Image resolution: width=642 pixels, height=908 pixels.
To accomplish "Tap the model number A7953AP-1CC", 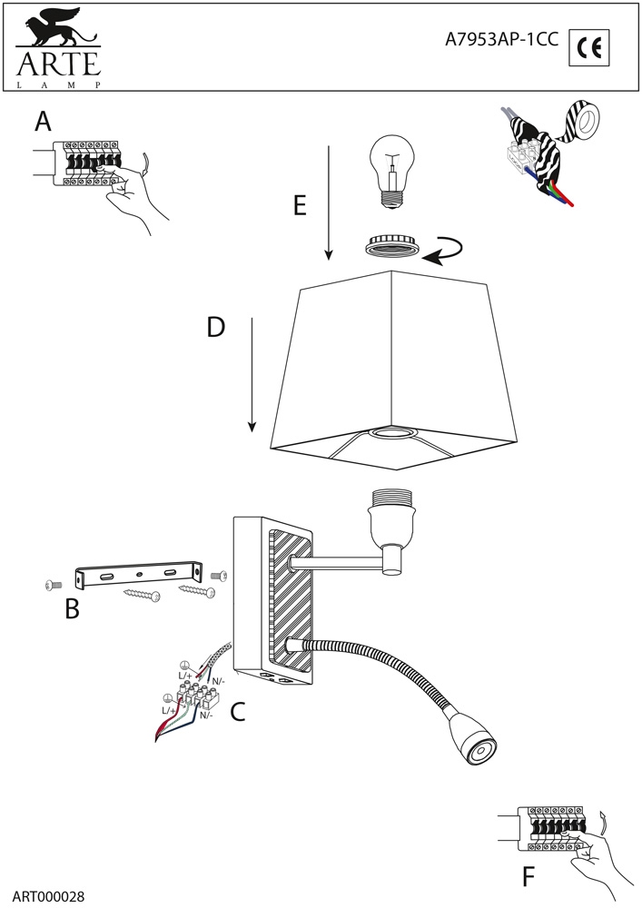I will point(501,40).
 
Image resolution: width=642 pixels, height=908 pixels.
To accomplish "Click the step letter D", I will point(215,327).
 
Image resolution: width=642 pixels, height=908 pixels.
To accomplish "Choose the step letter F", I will point(530,877).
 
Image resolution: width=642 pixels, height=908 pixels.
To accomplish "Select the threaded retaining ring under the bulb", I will point(392,244).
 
